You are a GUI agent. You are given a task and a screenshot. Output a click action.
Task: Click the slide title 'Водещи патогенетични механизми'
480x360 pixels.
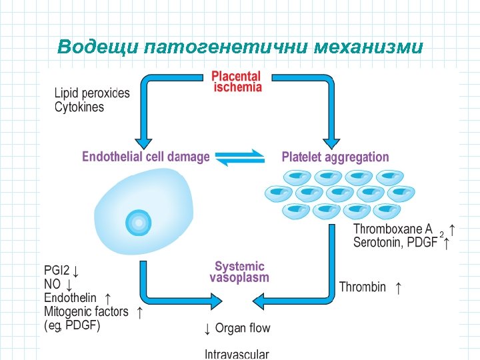tap(240, 47)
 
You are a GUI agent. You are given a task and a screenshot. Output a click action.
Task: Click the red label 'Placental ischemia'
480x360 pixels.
tap(237, 82)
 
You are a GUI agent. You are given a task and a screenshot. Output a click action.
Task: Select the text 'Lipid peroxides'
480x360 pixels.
tap(92, 93)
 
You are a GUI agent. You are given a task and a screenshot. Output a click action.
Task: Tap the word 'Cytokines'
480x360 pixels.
tap(79, 107)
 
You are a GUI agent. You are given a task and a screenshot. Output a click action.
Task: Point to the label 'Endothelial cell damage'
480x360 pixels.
tap(145, 157)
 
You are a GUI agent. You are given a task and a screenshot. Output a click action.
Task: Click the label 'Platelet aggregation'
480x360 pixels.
tap(335, 157)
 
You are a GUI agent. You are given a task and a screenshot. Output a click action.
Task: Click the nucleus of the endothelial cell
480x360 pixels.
tap(139, 222)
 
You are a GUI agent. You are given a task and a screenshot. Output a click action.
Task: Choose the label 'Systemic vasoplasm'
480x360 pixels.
tap(239, 272)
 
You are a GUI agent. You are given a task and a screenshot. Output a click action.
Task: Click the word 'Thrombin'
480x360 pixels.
tap(363, 287)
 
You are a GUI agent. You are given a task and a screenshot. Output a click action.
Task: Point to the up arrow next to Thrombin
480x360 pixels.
tap(399, 287)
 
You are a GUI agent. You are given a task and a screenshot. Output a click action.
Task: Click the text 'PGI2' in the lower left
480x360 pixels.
tap(57, 271)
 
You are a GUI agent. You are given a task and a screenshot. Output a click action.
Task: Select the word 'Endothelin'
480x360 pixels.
tap(70, 298)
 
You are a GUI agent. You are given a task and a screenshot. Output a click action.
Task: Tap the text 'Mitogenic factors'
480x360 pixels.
tap(86, 311)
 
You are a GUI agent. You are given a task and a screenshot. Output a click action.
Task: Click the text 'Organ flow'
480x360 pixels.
tap(243, 328)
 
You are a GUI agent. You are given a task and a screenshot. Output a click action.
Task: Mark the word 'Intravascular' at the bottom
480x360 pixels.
tap(237, 354)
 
